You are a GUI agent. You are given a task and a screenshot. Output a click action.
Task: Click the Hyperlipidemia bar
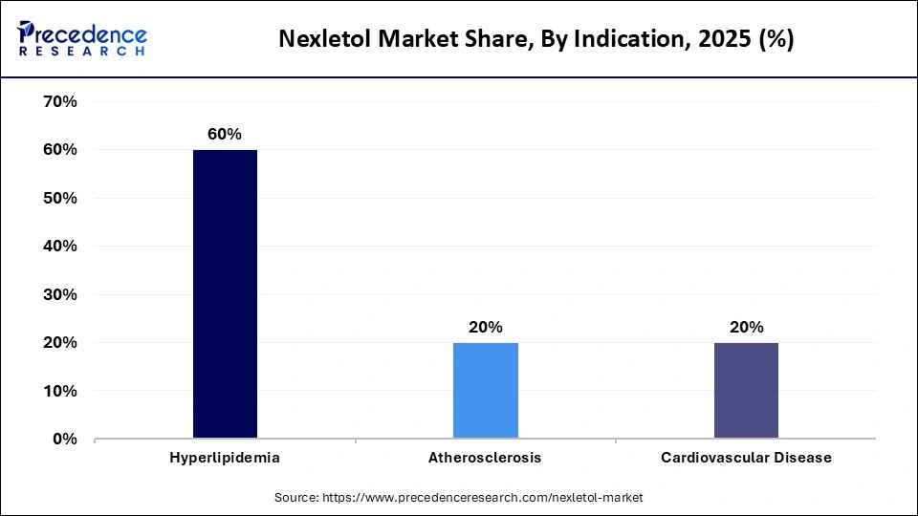point(225,294)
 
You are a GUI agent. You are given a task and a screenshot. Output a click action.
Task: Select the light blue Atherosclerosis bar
point(485,391)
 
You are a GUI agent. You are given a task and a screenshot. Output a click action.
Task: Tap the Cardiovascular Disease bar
point(746,391)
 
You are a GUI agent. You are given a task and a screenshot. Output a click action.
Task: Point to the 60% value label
point(225,135)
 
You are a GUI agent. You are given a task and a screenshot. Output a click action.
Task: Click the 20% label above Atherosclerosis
point(485,328)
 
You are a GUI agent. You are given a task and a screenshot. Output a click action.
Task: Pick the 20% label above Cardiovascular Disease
point(746,328)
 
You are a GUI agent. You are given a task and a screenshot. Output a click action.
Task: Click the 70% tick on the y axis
point(59,101)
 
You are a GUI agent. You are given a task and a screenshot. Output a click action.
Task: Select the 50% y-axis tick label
point(59,198)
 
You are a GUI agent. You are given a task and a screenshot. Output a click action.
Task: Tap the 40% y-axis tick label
point(59,247)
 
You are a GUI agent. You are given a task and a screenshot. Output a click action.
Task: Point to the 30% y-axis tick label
point(59,294)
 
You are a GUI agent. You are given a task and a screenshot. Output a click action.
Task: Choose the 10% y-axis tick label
point(59,391)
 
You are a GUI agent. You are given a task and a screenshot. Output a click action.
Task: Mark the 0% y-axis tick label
point(64,440)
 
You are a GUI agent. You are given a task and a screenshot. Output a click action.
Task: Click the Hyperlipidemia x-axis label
point(225,458)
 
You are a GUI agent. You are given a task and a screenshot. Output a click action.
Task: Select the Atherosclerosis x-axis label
point(485,458)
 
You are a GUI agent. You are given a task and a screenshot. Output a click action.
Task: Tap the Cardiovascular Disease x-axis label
point(746,458)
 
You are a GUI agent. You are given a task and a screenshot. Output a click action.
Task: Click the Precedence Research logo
point(82,38)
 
